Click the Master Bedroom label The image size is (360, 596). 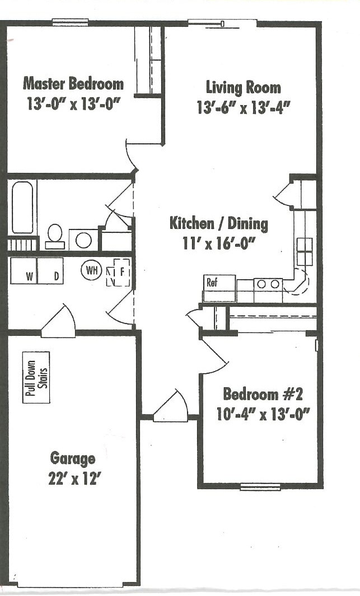coord(73,84)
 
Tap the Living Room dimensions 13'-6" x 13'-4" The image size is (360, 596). coord(242,107)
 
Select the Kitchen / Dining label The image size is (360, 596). coord(218,224)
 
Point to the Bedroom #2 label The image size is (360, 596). coord(263,394)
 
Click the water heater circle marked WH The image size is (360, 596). coord(91,271)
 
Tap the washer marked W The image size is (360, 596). coord(24,271)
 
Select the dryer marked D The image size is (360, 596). coord(50,271)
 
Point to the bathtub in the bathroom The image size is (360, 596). coord(22,207)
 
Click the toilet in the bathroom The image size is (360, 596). coord(55,236)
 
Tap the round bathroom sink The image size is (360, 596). coord(83,240)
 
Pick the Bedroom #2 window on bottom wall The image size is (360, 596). coord(260,486)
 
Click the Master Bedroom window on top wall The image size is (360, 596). coord(70,23)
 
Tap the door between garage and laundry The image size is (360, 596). coord(59,323)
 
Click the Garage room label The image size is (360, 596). coord(73,459)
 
